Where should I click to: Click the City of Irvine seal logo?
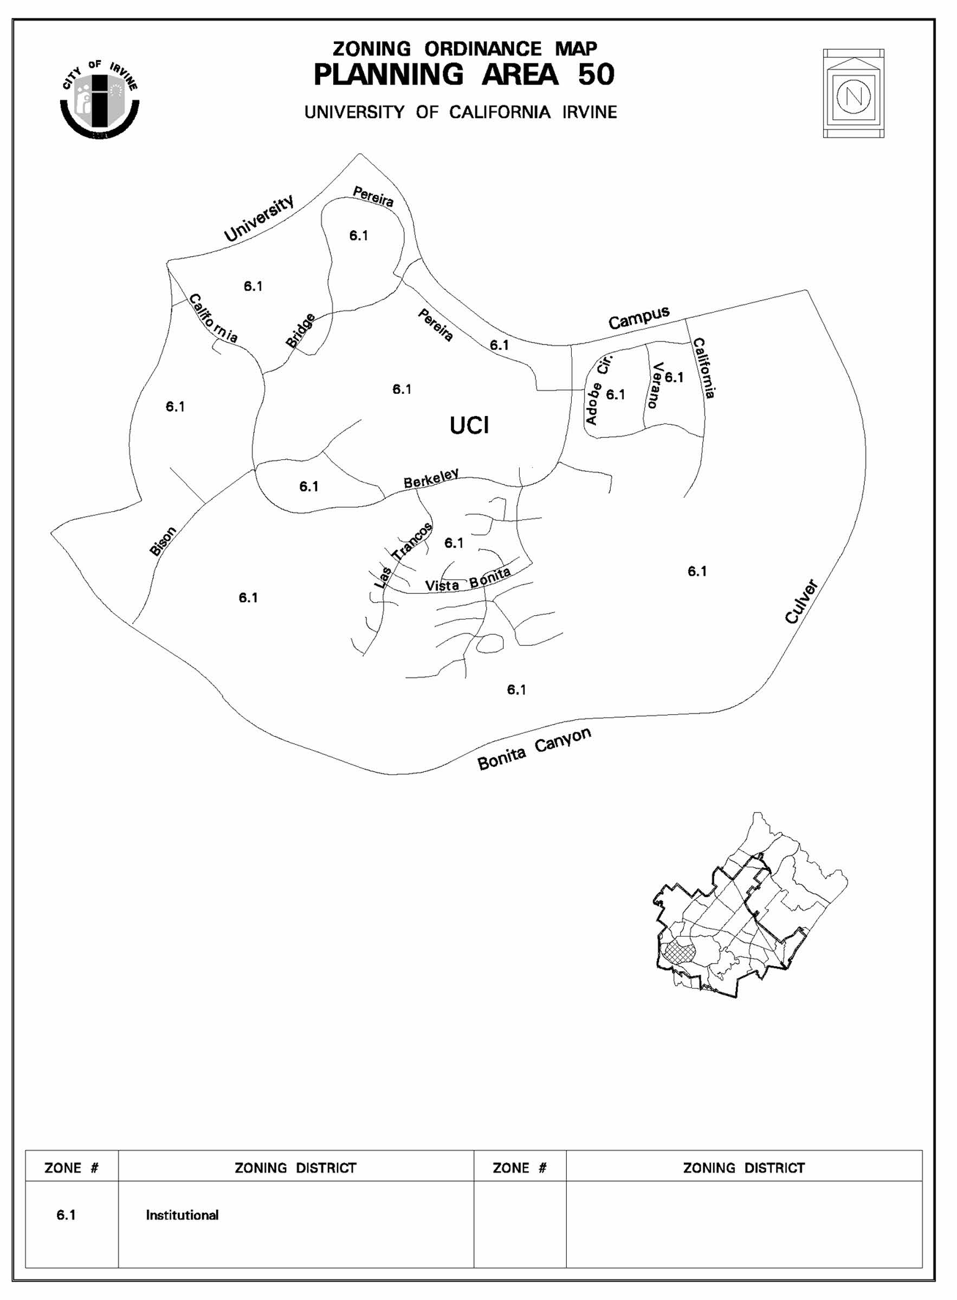100,100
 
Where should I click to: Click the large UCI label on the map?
469,426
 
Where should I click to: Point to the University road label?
260,218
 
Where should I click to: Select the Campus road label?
639,317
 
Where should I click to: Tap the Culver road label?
802,602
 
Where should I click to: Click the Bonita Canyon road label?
534,748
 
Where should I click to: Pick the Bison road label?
163,542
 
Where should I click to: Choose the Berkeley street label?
431,478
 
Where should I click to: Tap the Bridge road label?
301,330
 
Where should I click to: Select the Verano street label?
656,385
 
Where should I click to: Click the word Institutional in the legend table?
182,1215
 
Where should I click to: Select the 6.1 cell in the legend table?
66,1215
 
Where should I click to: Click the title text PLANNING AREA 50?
463,75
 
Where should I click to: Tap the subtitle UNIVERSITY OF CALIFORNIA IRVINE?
461,112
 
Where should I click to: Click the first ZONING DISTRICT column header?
295,1167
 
